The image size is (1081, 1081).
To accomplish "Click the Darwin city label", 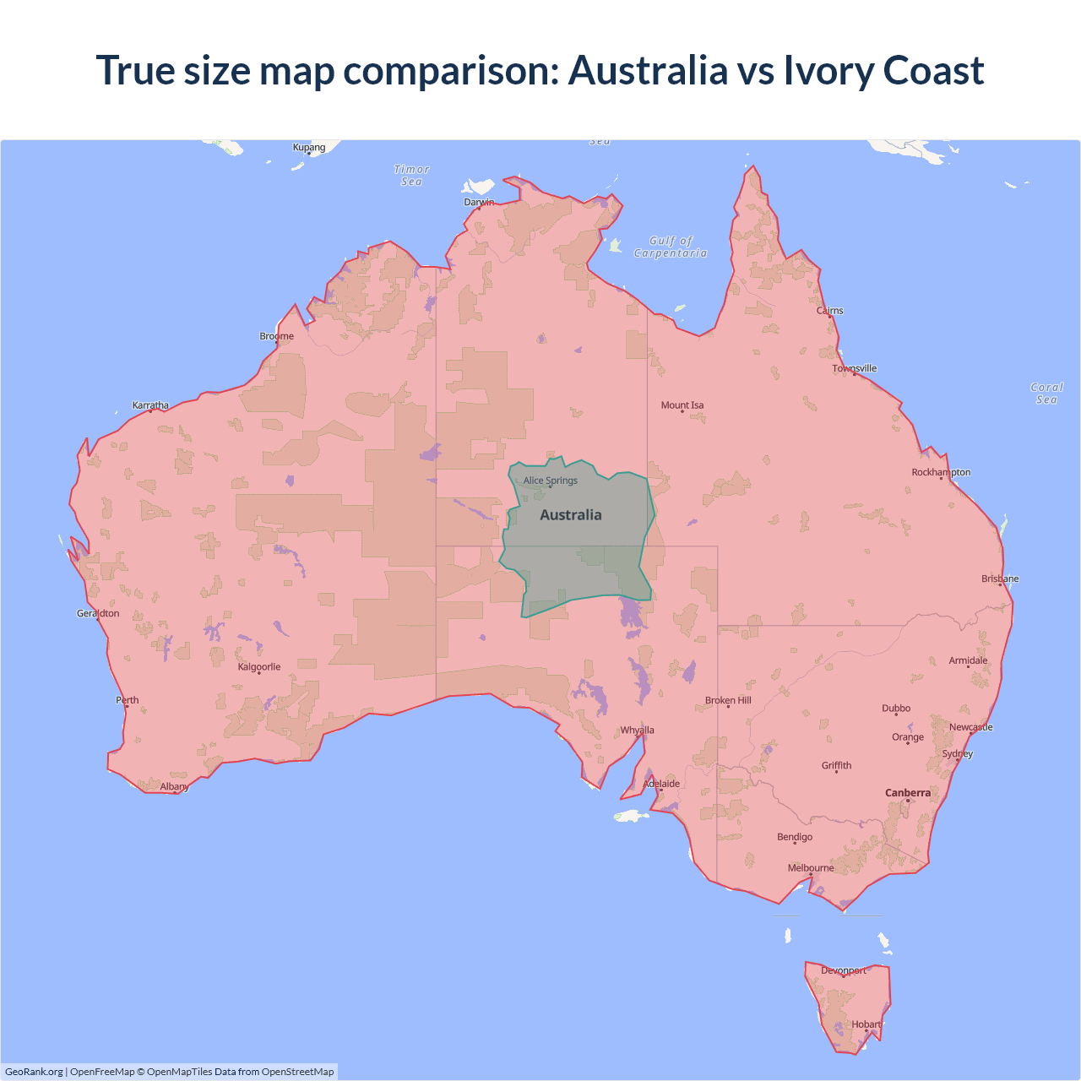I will (x=479, y=202).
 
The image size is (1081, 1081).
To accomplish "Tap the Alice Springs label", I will (x=550, y=481).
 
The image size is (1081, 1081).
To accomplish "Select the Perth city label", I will (x=128, y=700).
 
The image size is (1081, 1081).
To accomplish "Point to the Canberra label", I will (x=907, y=793).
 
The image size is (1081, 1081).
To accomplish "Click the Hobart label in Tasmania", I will (x=866, y=1024).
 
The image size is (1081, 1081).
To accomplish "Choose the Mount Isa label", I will (x=682, y=405).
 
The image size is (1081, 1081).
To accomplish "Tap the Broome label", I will (x=276, y=336).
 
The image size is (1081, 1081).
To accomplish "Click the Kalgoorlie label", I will (x=258, y=667).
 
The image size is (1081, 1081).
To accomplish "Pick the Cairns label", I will (x=829, y=311).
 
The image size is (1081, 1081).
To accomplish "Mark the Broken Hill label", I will (x=728, y=701).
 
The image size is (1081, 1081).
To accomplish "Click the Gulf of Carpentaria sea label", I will (x=671, y=247).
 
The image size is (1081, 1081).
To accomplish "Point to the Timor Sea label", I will (x=411, y=176).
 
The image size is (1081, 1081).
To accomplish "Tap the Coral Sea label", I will (x=1046, y=394).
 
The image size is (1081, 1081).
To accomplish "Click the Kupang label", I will (x=308, y=147).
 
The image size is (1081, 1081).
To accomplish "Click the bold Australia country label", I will (x=571, y=515).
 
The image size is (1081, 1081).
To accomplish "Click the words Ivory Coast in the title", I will (x=883, y=70).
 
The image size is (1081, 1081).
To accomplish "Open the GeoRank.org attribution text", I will (x=34, y=1072).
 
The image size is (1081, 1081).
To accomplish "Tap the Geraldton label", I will (x=98, y=613).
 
